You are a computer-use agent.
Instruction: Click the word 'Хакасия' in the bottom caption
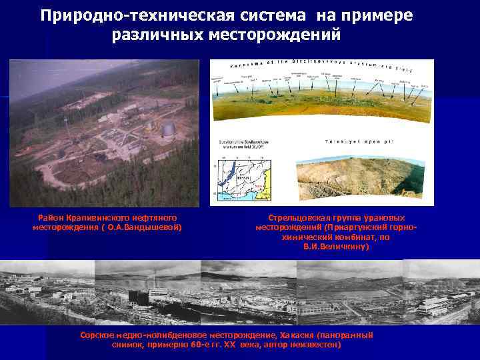point(297,335)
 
